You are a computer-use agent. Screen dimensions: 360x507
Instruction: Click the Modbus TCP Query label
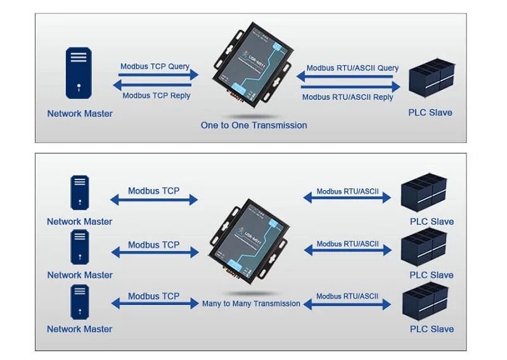click(155, 66)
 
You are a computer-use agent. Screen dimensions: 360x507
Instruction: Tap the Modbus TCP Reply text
click(156, 96)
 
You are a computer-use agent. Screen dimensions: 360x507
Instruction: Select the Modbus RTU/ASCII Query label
click(352, 68)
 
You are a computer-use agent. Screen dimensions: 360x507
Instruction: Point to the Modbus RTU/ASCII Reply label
click(347, 97)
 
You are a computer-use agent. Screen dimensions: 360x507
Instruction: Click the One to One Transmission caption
click(253, 125)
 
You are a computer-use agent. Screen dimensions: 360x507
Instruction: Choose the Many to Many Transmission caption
click(251, 304)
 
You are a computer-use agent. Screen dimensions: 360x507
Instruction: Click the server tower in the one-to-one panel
click(79, 75)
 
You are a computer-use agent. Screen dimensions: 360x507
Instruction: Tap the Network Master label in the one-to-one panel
click(80, 114)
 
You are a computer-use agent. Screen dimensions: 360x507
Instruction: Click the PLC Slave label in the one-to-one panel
click(431, 113)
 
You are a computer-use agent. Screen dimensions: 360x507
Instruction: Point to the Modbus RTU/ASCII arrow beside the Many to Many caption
click(347, 305)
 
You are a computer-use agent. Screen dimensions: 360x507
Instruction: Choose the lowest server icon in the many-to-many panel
click(79, 301)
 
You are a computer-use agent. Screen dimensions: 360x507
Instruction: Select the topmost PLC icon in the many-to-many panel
click(425, 192)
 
